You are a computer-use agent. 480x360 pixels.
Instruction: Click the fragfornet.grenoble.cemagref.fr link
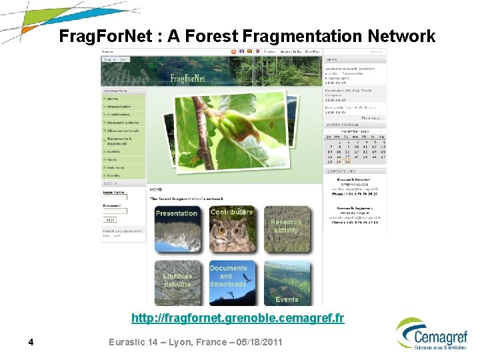coord(237,318)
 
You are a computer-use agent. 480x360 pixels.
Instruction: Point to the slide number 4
coord(31,343)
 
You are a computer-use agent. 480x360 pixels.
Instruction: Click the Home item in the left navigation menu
coord(113,98)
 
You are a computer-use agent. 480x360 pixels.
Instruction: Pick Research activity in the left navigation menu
coord(123,123)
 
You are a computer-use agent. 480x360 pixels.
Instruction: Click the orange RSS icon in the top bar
coord(233,51)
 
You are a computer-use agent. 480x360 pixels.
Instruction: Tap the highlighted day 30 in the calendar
coord(347,162)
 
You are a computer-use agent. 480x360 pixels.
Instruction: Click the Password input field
coord(115,211)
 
